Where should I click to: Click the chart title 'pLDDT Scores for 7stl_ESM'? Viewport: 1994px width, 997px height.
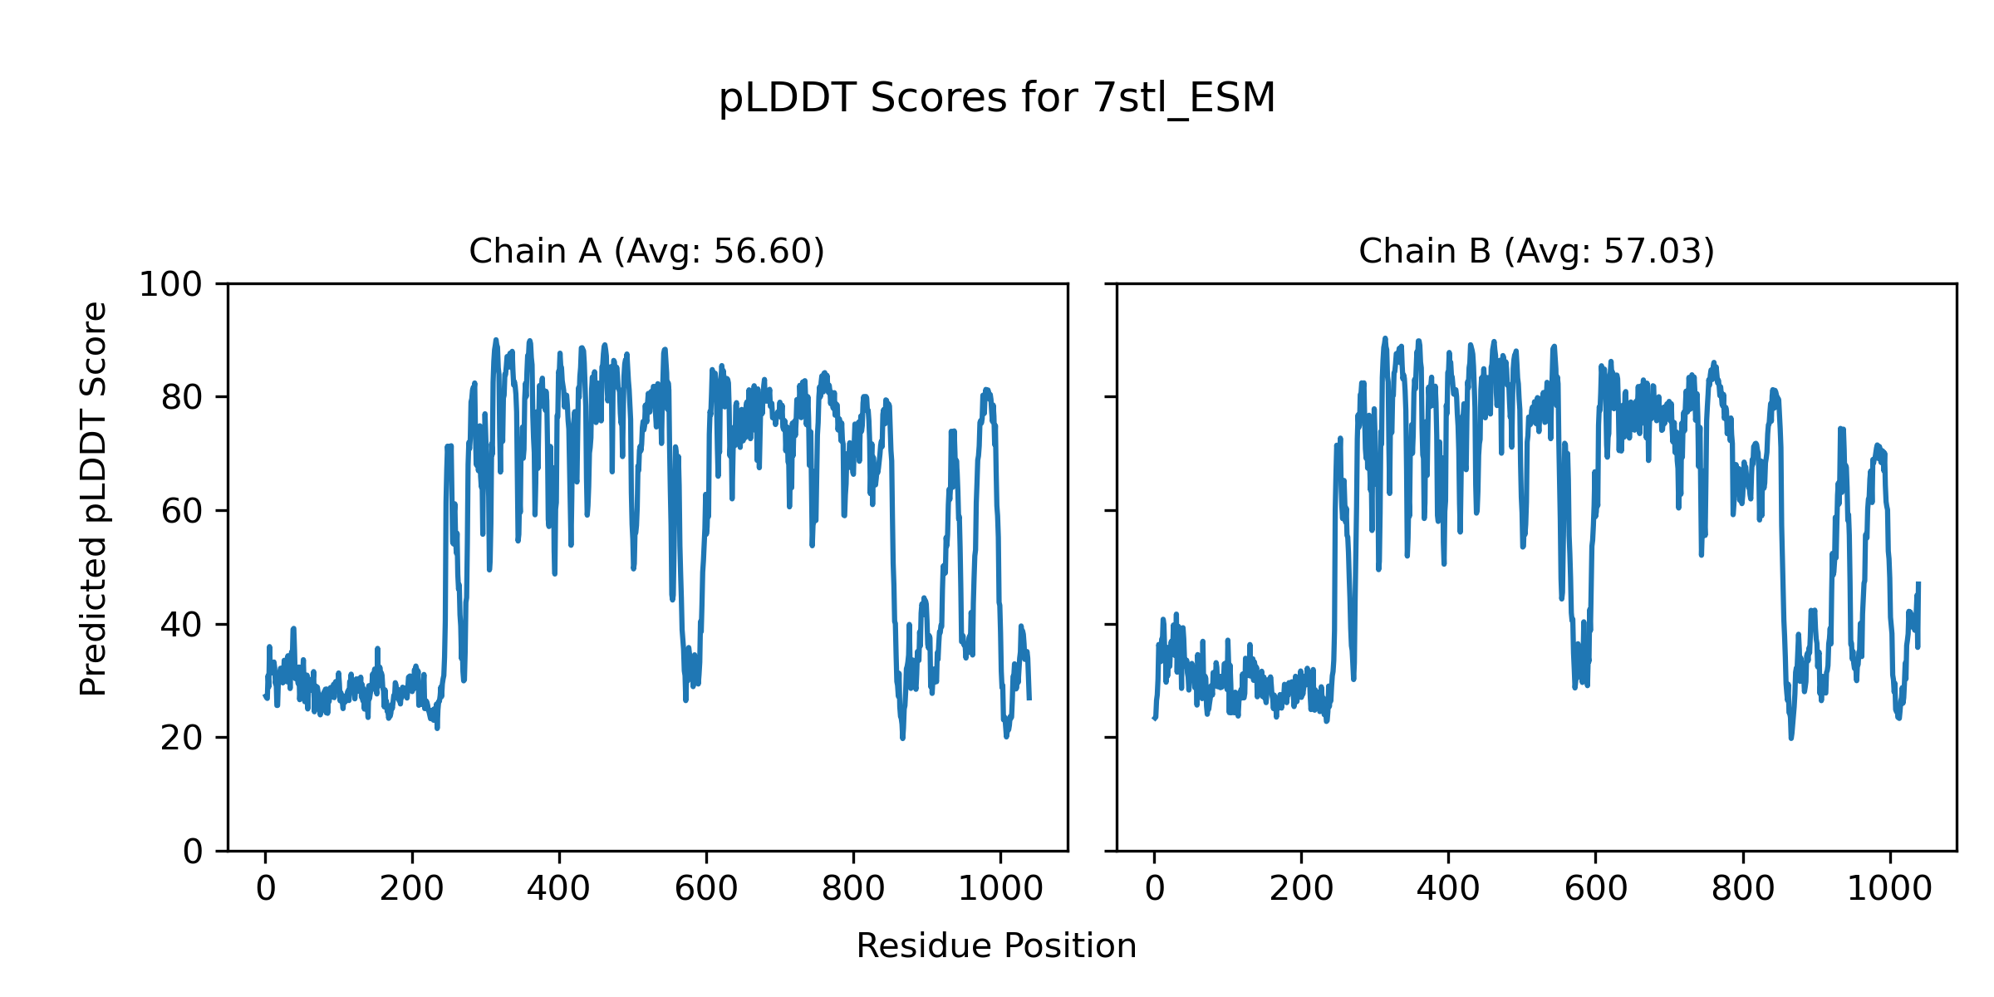pos(996,98)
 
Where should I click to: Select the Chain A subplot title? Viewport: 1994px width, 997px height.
pos(646,251)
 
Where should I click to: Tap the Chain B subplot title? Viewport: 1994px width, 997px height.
pos(1536,251)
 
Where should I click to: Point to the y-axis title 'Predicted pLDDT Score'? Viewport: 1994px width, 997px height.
pos(94,498)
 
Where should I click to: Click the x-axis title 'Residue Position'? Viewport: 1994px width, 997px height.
pos(996,946)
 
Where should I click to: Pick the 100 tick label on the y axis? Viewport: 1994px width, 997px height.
pos(170,285)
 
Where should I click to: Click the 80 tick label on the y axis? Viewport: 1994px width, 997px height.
pos(182,398)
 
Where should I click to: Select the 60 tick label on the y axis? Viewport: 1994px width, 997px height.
pos(182,511)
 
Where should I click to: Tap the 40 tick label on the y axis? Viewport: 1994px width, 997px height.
pos(182,625)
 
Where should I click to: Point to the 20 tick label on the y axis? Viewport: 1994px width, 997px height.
pos(182,738)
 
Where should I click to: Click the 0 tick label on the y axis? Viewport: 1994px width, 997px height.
pos(193,852)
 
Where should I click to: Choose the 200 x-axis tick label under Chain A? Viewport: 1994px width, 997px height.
pos(412,889)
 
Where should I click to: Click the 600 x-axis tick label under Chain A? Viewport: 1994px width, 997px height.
pos(706,889)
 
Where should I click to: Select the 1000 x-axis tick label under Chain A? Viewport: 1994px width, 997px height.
pos(1000,889)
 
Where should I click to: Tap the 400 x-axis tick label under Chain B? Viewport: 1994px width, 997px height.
pos(1448,889)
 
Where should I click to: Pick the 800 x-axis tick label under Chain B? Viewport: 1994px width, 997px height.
pos(1742,889)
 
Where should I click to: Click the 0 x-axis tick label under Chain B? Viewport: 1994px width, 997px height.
pos(1154,889)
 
